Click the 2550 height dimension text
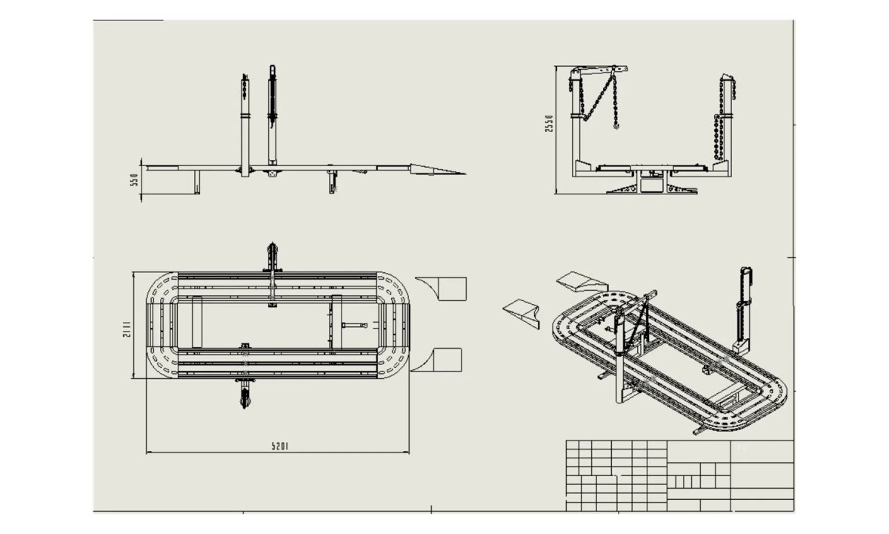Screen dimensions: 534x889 (x=549, y=123)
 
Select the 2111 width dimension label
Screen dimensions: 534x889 (x=127, y=327)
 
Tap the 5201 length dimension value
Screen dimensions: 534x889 (x=279, y=446)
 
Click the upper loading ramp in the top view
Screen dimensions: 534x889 (x=444, y=289)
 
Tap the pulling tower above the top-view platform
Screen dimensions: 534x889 (x=273, y=271)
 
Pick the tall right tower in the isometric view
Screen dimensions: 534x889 (x=745, y=308)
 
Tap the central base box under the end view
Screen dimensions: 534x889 (x=652, y=182)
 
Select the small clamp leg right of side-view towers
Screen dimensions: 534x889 (x=333, y=182)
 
